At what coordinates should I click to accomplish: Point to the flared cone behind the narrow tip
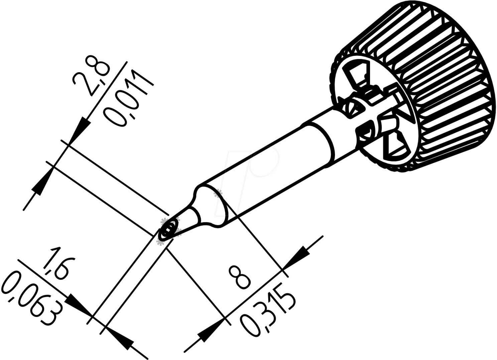coord(207,206)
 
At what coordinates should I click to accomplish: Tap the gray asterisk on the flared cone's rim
coord(219,193)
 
